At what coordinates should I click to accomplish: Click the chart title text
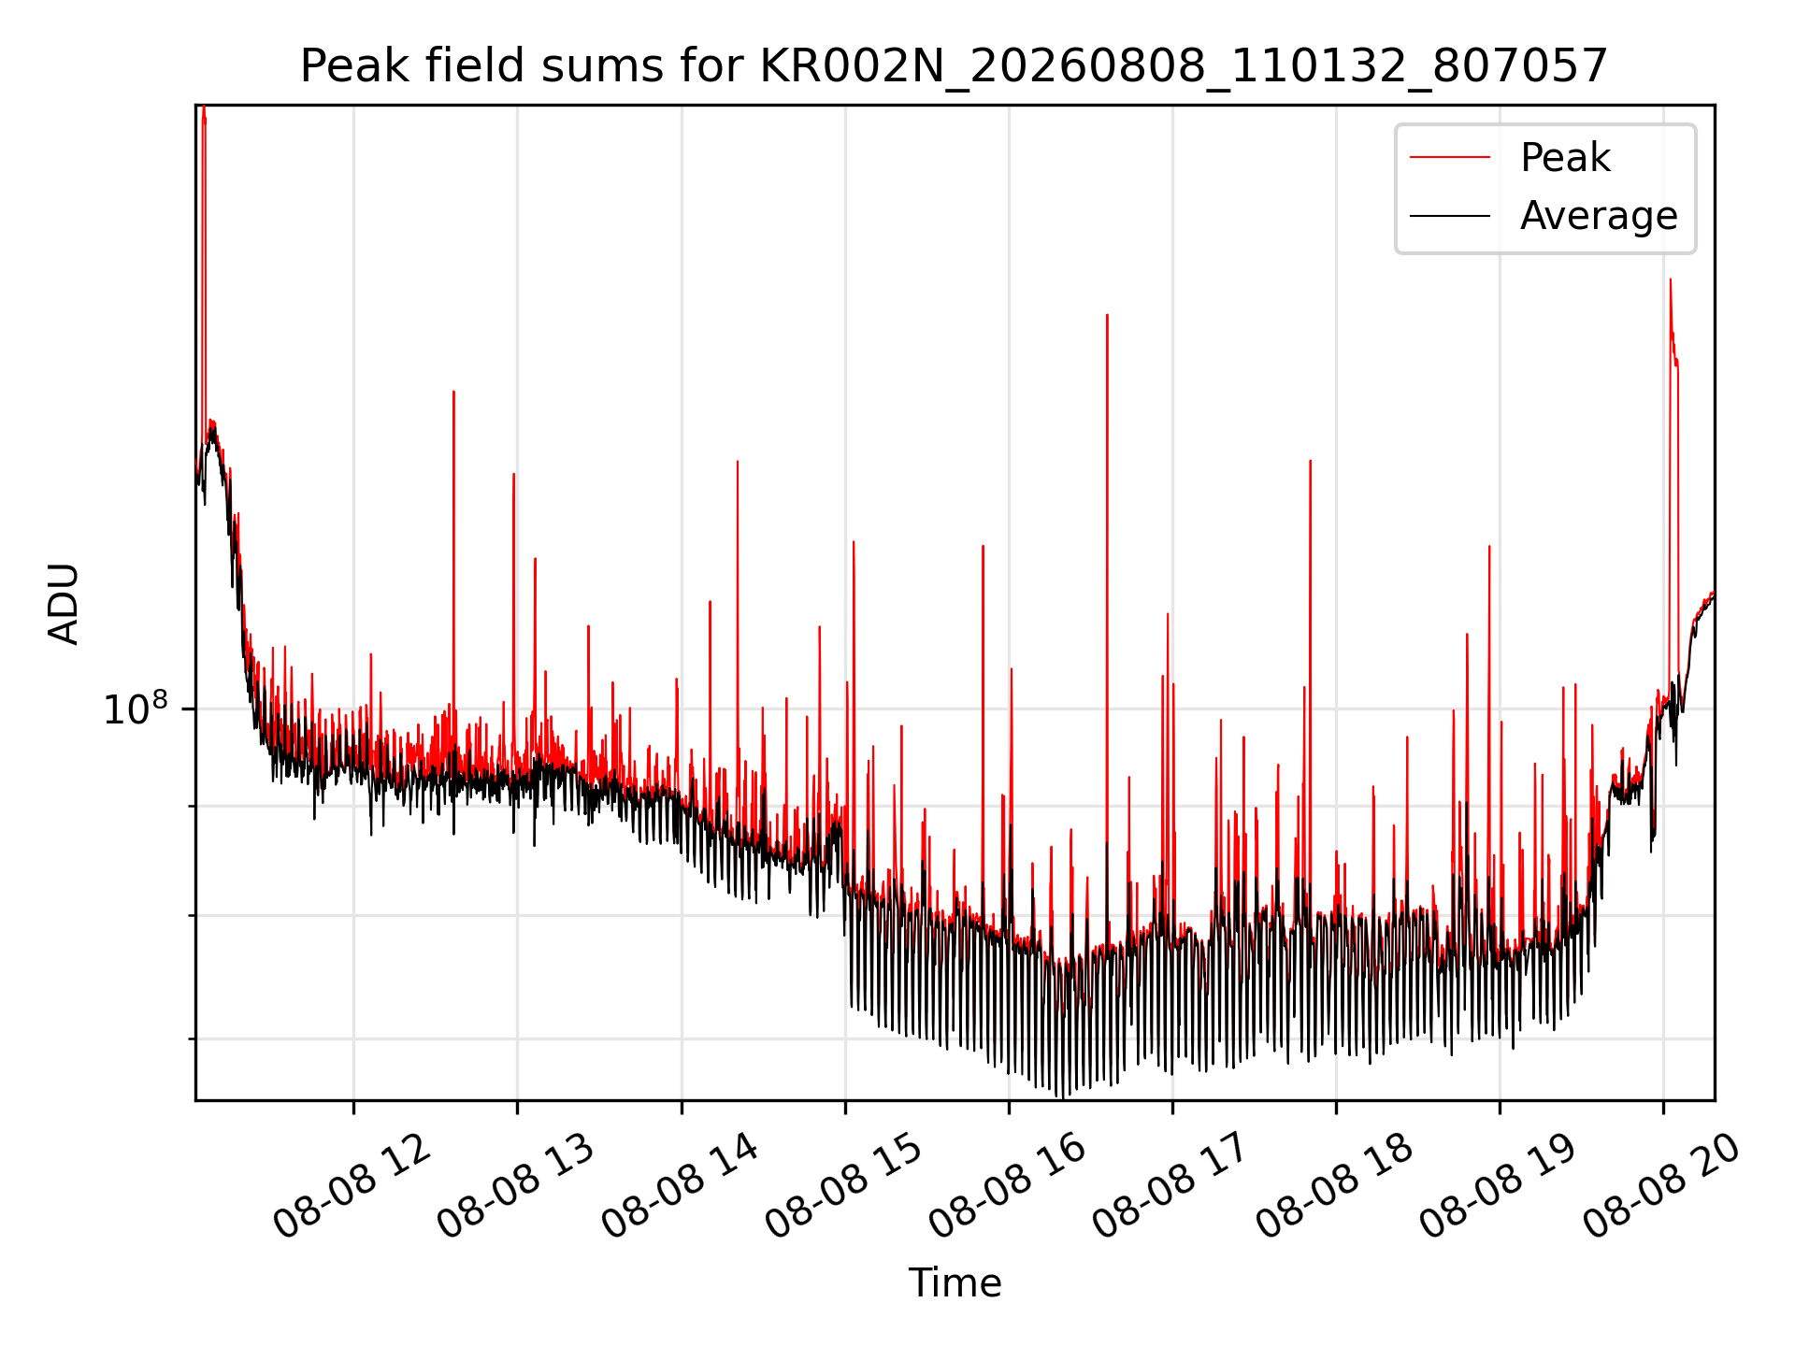tap(954, 66)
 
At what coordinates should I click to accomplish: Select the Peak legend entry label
tap(1565, 157)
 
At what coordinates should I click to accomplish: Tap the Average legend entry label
tap(1599, 216)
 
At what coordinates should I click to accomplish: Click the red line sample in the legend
tap(1450, 157)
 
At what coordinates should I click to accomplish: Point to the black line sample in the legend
tap(1450, 216)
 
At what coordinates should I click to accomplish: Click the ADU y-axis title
tap(64, 604)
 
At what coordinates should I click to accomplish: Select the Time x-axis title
tap(955, 1283)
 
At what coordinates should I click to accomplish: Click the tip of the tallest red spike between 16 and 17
tap(1107, 315)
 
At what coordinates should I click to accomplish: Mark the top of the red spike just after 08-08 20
tap(1670, 279)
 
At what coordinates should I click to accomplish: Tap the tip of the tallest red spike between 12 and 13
tap(453, 392)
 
